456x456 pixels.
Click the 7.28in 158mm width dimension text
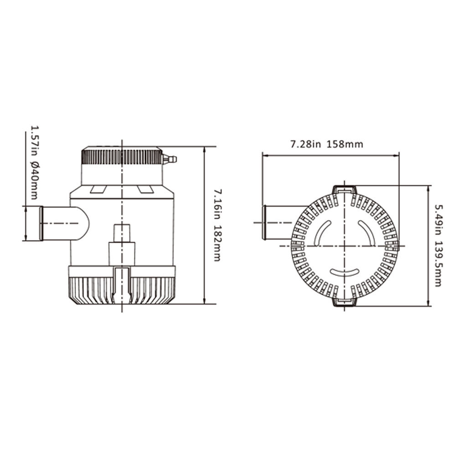[x=326, y=145]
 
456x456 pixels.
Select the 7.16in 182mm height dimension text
[x=218, y=226]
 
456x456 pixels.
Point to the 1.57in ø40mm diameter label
[x=33, y=162]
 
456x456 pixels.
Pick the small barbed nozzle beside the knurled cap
[x=170, y=160]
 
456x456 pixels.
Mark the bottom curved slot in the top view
[x=345, y=272]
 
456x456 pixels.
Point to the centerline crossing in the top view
[x=345, y=246]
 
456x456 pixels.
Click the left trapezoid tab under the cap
[x=98, y=189]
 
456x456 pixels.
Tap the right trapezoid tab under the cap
[x=145, y=189]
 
